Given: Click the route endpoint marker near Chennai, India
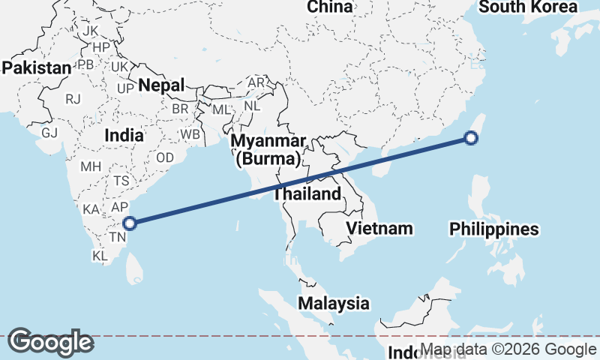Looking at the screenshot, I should click(129, 223).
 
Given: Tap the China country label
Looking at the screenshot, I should click(330, 7).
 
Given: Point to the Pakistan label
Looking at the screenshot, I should click(36, 67).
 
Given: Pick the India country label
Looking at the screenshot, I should click(124, 136).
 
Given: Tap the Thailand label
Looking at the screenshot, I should click(307, 193).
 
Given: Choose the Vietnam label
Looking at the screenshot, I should click(380, 228).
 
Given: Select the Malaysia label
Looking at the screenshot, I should click(334, 304).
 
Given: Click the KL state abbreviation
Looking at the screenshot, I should click(100, 256).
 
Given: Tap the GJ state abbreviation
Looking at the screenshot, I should click(49, 133).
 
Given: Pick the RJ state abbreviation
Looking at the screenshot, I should click(73, 98).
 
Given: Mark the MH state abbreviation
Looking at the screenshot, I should click(91, 166).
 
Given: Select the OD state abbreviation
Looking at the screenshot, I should click(165, 158).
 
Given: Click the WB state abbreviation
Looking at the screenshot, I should click(190, 135).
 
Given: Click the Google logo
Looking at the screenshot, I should click(50, 342).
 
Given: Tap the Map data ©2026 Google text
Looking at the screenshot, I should click(508, 349).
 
